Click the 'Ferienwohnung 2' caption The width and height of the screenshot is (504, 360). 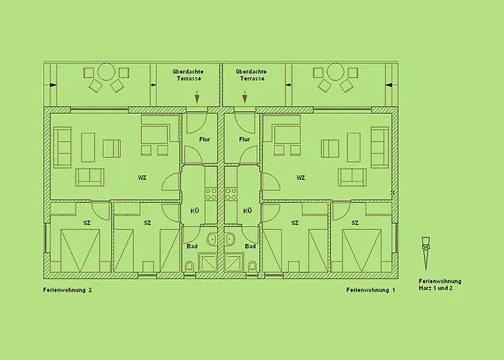click(68, 290)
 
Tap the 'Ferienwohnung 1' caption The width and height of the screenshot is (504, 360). click(371, 290)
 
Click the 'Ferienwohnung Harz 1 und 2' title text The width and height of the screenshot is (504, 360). click(440, 285)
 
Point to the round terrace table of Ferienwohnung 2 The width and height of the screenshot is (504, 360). click(106, 72)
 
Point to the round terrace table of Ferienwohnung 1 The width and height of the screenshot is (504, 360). click(336, 72)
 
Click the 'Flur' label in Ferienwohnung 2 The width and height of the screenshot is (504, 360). click(204, 140)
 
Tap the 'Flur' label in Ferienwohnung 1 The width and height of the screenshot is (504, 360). click(245, 140)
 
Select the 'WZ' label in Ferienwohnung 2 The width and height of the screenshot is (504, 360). click(142, 178)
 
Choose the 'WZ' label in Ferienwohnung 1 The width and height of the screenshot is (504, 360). click(300, 178)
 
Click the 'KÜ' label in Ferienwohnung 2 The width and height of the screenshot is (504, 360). click(194, 211)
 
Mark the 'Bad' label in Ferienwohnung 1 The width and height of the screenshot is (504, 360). click(251, 246)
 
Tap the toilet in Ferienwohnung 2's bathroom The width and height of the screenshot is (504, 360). click(189, 266)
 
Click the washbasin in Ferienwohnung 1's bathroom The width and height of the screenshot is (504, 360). click(230, 240)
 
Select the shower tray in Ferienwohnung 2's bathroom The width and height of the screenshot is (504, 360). click(208, 262)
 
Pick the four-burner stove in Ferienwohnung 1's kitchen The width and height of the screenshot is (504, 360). click(230, 194)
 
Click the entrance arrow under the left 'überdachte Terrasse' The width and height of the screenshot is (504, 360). click(197, 96)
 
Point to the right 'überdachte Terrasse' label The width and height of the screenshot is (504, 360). click(251, 75)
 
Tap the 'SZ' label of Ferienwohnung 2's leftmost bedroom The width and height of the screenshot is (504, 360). click(87, 222)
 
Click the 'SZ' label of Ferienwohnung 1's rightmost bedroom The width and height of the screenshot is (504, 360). click(355, 222)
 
